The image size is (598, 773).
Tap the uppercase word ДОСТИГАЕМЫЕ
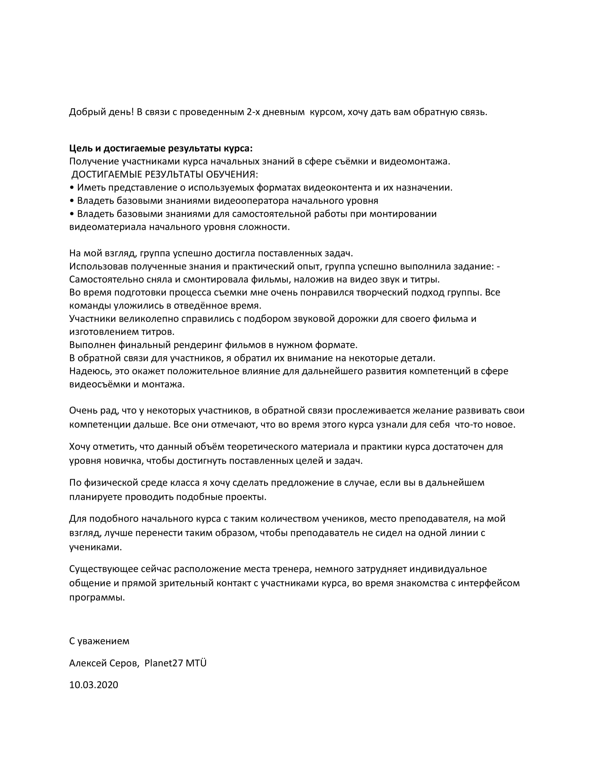pyautogui.click(x=107, y=175)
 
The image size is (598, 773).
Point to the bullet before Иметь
pyautogui.click(x=72, y=188)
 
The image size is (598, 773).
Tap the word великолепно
pyautogui.click(x=149, y=319)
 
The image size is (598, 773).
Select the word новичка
pyautogui.click(x=123, y=461)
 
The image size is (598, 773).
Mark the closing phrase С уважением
pyautogui.click(x=99, y=641)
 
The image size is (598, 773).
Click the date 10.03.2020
pyautogui.click(x=94, y=685)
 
